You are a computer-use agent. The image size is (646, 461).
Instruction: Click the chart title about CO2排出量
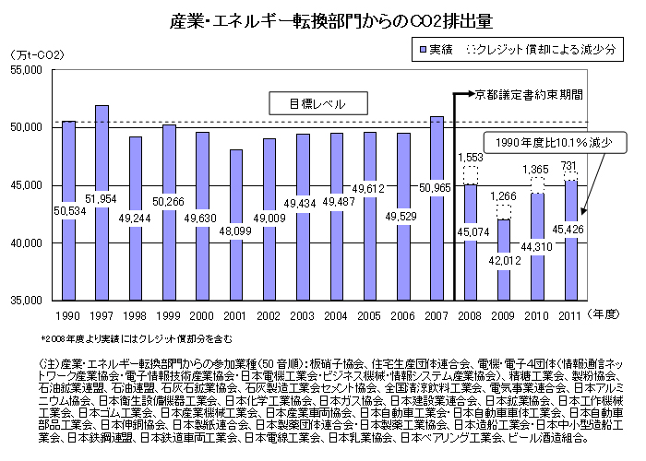point(323,18)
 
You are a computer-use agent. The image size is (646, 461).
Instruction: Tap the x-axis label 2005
point(369,316)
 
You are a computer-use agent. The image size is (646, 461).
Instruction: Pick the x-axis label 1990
point(67,316)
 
